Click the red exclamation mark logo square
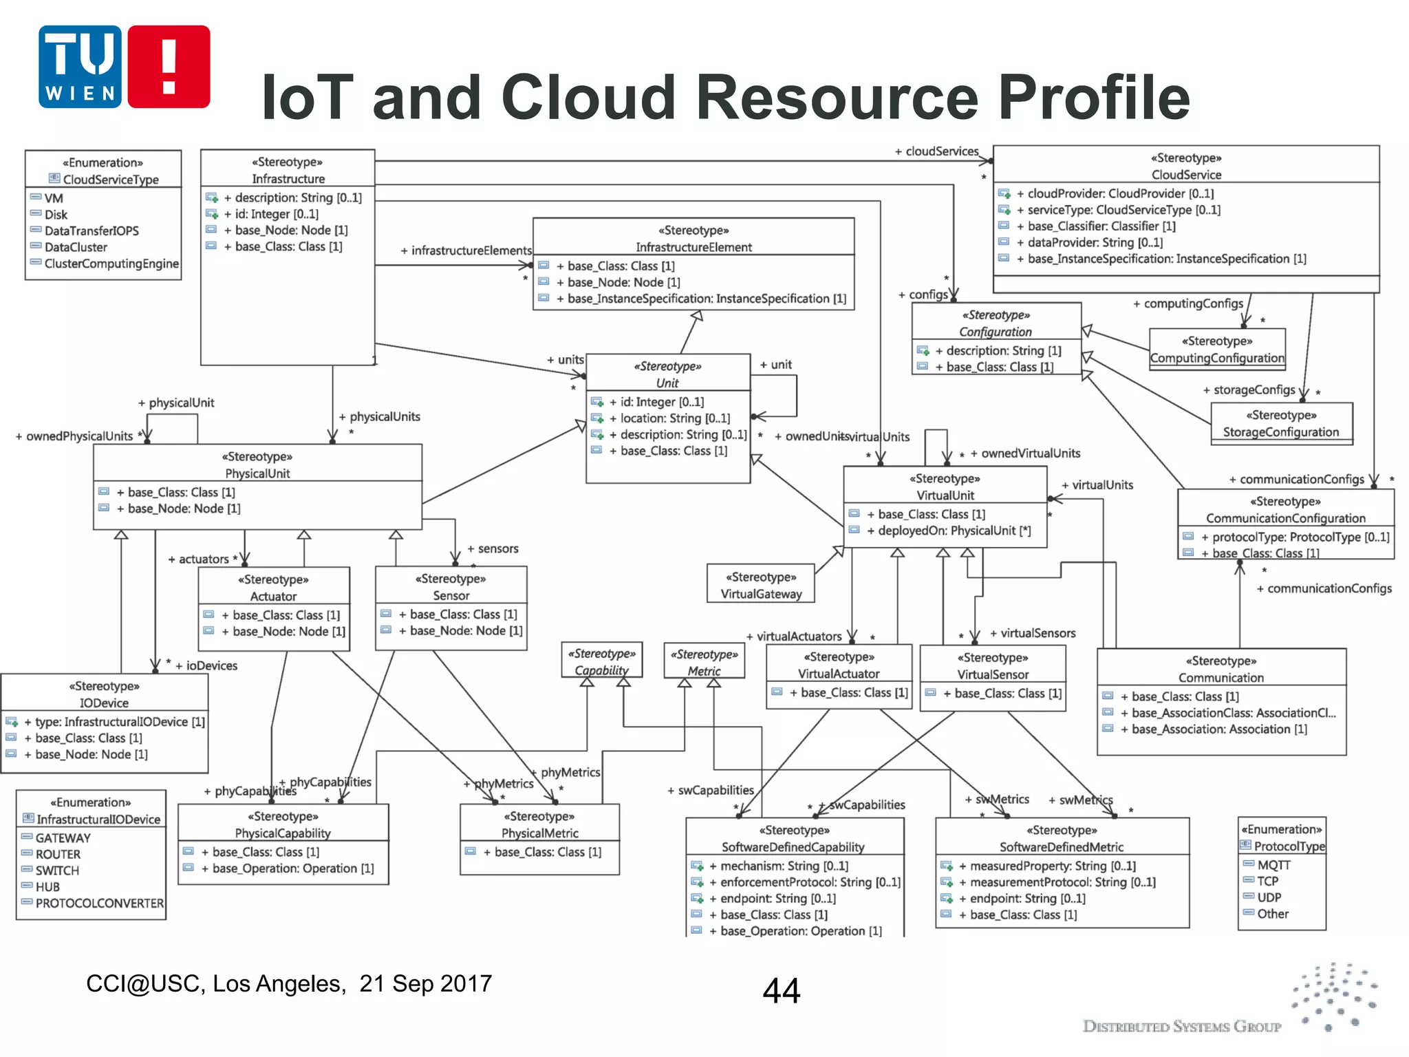click(169, 67)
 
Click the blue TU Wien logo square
click(80, 67)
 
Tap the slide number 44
click(782, 991)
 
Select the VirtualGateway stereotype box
click(761, 585)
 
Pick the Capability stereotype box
click(602, 661)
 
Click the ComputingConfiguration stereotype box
click(1217, 350)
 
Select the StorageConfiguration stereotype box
click(1281, 424)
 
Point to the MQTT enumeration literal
click(1273, 865)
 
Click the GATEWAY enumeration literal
click(63, 838)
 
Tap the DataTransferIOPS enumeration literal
click(92, 231)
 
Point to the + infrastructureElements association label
click(466, 250)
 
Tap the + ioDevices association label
click(206, 665)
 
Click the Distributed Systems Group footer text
click(1181, 1027)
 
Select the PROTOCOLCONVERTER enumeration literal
click(100, 903)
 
